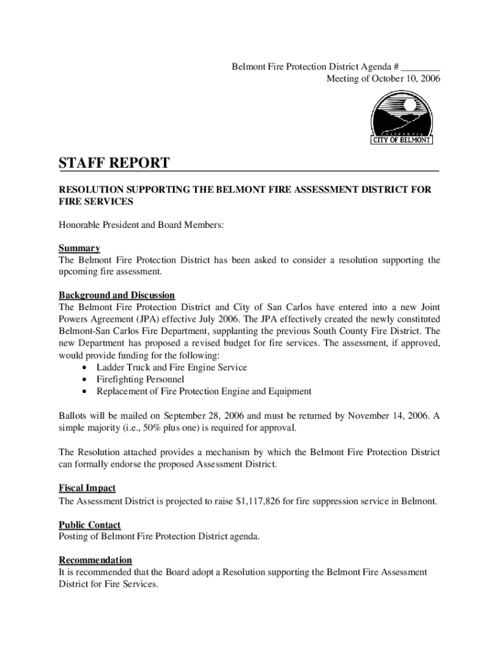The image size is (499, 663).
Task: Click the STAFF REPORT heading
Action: pyautogui.click(x=114, y=163)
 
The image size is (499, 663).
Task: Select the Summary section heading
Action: pyautogui.click(x=79, y=248)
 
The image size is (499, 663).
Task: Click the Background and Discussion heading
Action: pyautogui.click(x=117, y=295)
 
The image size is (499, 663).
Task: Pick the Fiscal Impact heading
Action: pyautogui.click(x=87, y=488)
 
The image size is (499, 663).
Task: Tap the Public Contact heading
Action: pyautogui.click(x=89, y=524)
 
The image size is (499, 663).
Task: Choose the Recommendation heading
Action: pyautogui.click(x=95, y=559)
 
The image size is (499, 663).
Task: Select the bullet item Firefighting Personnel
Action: pyautogui.click(x=140, y=379)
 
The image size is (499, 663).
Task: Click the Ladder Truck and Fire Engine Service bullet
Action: pyautogui.click(x=171, y=367)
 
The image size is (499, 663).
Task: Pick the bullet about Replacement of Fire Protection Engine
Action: pyautogui.click(x=203, y=391)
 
